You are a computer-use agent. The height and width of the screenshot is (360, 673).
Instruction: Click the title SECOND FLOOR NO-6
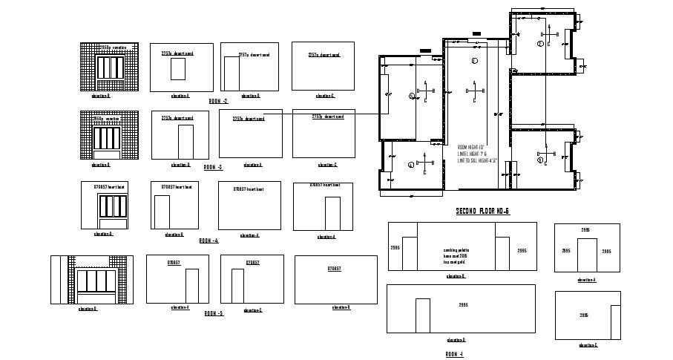482,212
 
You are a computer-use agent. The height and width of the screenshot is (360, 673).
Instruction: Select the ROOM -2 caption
218,101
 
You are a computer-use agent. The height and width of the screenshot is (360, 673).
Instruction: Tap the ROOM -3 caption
214,168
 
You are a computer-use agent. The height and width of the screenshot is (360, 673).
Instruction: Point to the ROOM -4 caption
209,240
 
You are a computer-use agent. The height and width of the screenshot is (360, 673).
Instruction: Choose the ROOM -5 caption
214,313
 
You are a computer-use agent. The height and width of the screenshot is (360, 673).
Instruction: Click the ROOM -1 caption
454,354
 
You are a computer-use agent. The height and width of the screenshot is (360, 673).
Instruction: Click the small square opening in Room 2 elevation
178,70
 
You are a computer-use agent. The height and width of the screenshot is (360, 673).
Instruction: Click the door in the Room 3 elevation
186,141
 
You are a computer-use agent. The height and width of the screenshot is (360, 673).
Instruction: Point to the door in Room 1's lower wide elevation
422,315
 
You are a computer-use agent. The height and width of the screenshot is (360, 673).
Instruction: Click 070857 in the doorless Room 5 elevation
335,268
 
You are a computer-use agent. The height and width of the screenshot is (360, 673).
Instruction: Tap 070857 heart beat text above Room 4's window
108,187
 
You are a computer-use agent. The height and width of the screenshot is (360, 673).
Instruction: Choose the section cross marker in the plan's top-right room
549,33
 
